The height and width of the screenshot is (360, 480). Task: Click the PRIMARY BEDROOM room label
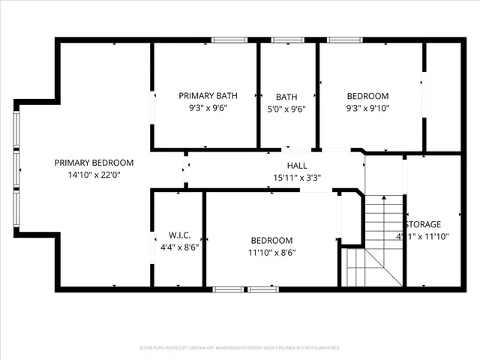(94, 163)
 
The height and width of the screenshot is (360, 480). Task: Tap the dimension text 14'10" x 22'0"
(94, 175)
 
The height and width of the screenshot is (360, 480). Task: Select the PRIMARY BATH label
(208, 96)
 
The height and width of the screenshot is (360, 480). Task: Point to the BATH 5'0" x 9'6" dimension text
(286, 108)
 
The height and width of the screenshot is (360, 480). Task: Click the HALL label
(296, 166)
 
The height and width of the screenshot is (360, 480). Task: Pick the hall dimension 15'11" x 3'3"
(296, 178)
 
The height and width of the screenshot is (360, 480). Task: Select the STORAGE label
(423, 224)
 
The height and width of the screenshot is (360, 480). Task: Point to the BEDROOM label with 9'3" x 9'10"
(367, 96)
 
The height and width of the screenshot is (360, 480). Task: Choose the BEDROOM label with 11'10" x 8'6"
(271, 240)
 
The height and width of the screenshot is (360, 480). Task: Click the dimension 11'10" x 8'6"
(271, 252)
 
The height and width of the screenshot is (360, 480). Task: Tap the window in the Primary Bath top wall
(229, 40)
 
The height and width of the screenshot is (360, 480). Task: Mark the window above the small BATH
(288, 40)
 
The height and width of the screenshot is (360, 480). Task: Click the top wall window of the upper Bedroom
(344, 40)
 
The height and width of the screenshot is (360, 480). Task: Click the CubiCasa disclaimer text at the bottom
(240, 348)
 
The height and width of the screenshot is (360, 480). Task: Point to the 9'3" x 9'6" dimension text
(208, 108)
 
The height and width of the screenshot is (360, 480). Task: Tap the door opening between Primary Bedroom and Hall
(184, 170)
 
